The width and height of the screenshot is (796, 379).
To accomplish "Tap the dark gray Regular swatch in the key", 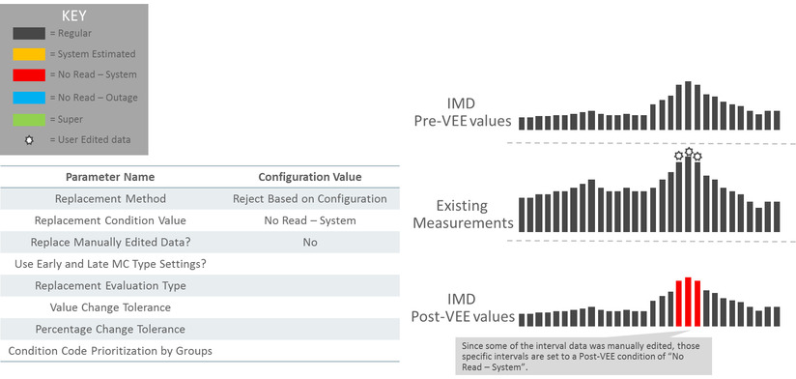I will pos(28,33).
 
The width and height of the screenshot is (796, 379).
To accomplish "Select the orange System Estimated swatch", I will pos(28,54).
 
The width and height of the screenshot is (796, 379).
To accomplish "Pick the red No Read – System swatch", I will pos(28,74).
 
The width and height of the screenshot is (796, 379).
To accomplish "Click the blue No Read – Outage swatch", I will pos(28,97).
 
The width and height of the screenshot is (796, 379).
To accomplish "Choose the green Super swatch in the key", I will pos(28,118).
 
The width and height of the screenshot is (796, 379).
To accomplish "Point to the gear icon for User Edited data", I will pos(28,140).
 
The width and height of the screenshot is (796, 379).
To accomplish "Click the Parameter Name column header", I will pos(109,177).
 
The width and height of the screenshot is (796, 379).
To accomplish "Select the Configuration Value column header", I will pos(309,177).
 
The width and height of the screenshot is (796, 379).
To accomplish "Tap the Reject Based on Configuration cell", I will pos(309,199).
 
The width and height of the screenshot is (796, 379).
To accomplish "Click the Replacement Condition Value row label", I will pos(109,220).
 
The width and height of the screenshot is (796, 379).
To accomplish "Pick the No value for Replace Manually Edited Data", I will pos(309,242).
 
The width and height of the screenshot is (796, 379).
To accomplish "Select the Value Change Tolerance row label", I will pos(109,306).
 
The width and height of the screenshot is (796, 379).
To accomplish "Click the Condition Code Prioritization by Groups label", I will pos(109,350).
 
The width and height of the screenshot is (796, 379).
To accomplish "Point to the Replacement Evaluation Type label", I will pos(109,285).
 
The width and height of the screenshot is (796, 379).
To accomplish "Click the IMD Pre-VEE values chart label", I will pos(469,113).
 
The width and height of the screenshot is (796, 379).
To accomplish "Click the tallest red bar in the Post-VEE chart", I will pos(688,302).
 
